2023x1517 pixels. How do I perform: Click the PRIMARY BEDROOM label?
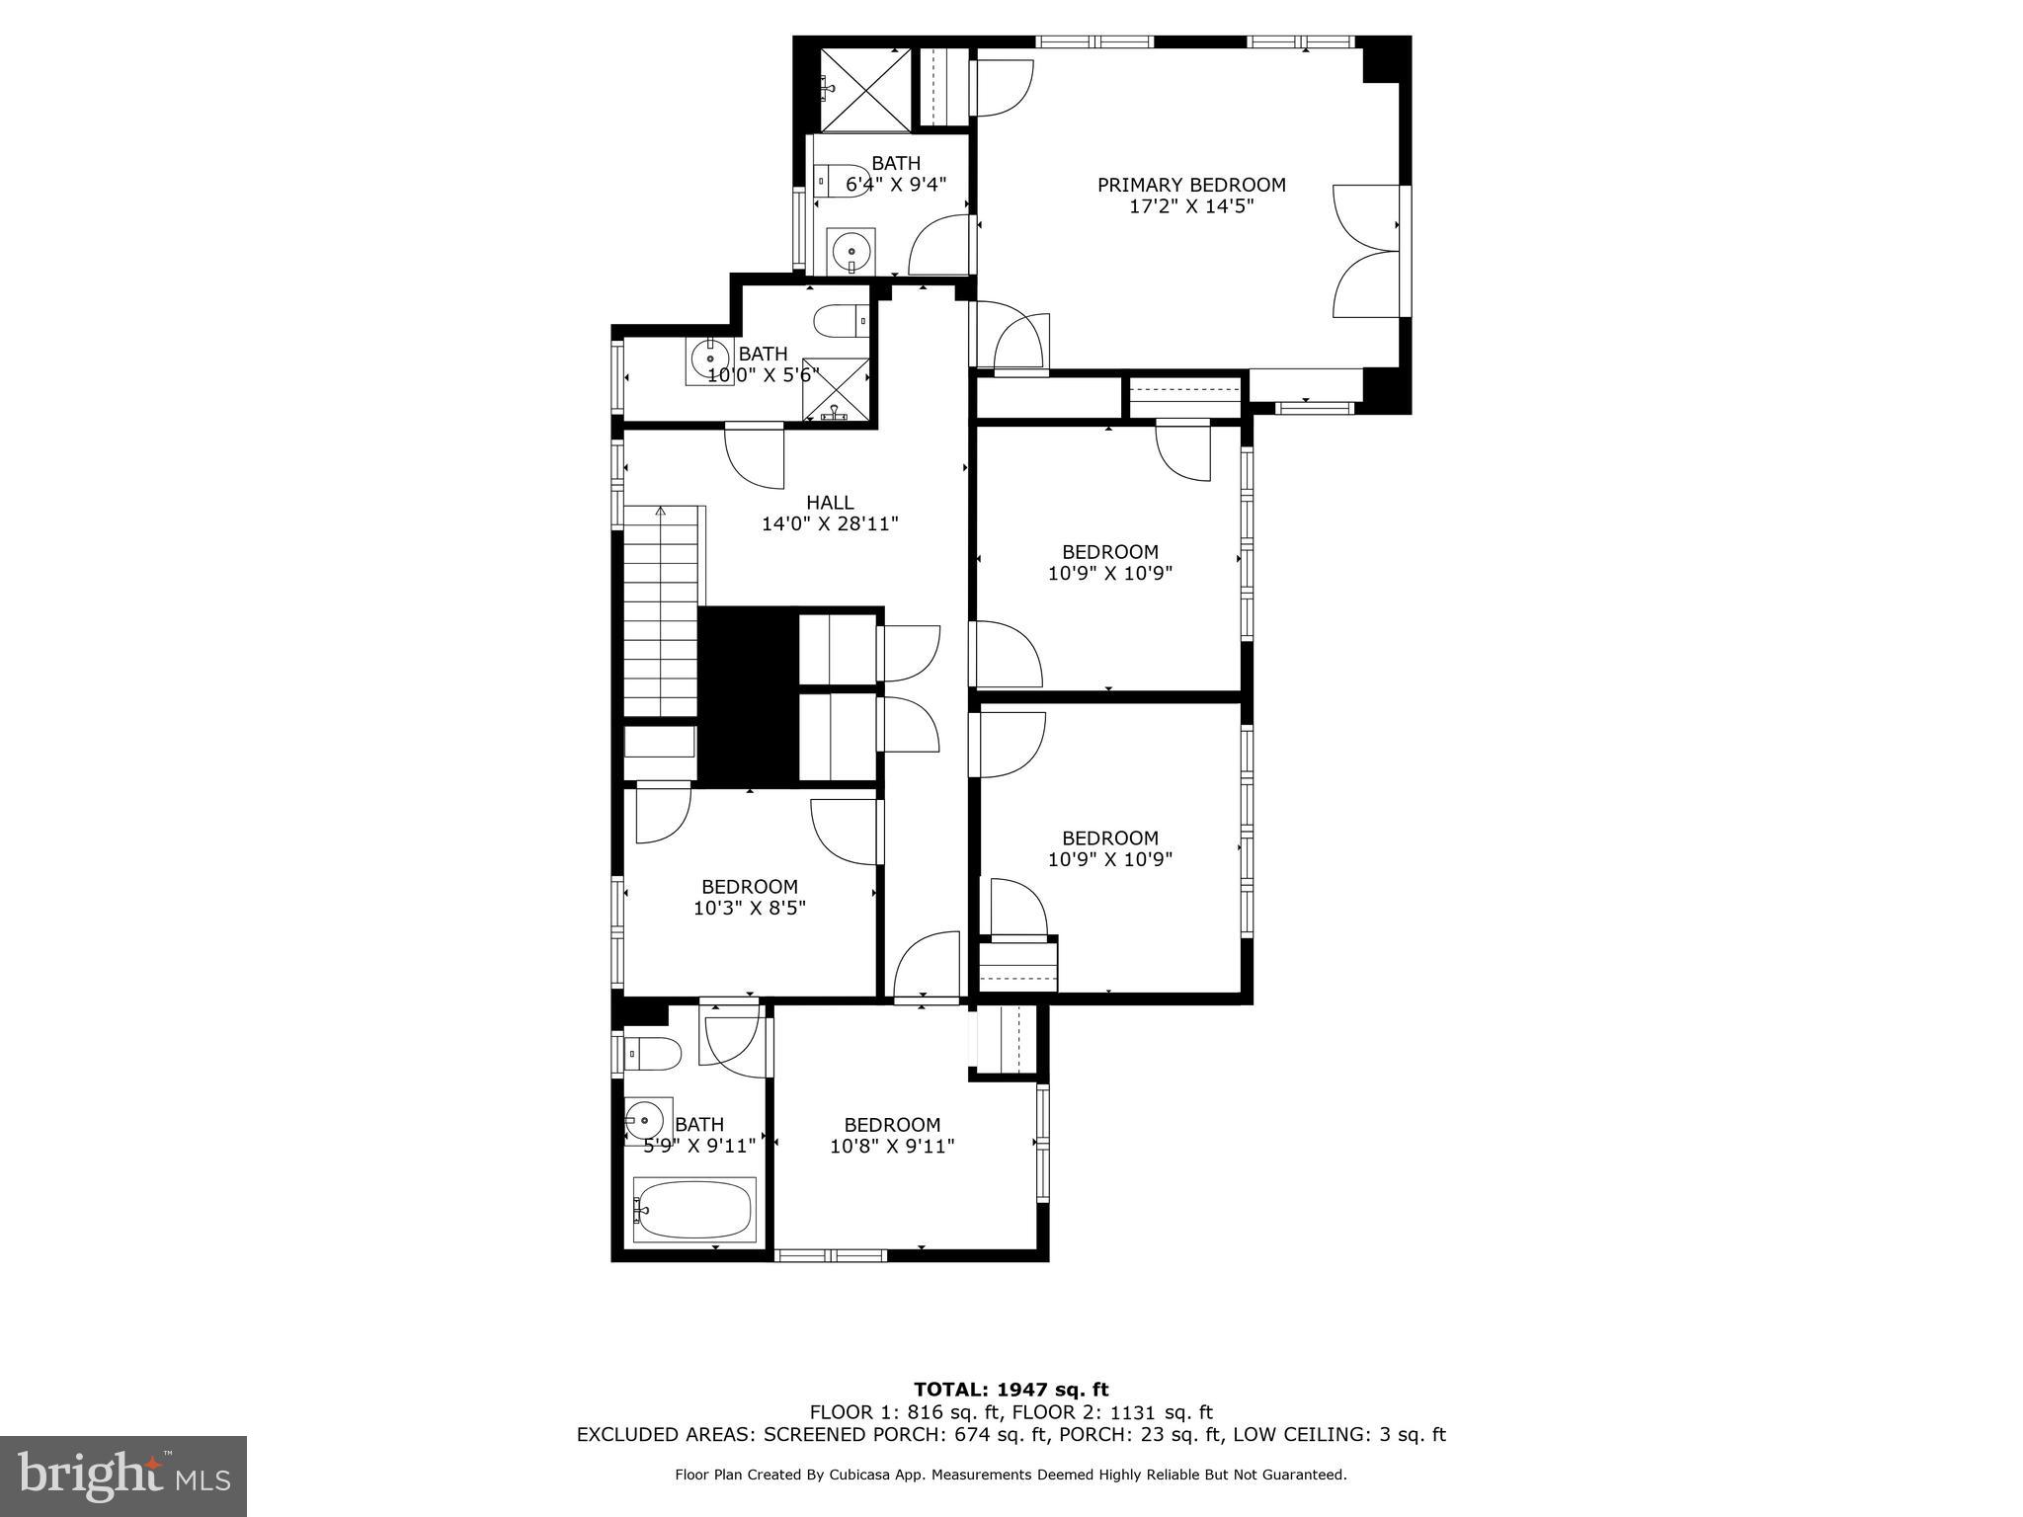point(1191,185)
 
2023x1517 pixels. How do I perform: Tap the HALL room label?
point(830,503)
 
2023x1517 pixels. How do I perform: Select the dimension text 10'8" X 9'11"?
point(892,1147)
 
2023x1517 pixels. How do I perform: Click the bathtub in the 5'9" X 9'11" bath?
point(694,1209)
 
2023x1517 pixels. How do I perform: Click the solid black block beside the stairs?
point(747,696)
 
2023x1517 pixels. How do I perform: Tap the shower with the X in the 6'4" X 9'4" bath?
point(865,90)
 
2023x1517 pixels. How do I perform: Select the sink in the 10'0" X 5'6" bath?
point(709,359)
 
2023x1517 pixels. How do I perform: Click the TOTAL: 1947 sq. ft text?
point(1011,1391)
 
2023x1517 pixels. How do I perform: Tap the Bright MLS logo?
point(122,1477)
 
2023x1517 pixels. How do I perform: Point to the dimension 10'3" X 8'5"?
point(750,909)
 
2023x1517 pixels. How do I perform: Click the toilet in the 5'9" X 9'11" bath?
point(653,1054)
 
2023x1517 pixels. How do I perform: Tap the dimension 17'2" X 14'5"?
point(1191,207)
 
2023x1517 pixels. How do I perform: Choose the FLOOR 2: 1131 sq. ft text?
point(1117,1412)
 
